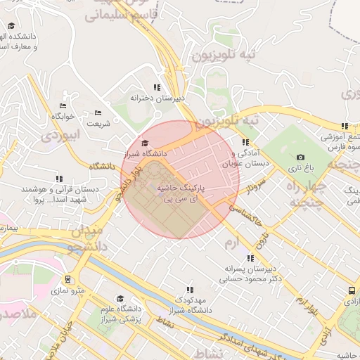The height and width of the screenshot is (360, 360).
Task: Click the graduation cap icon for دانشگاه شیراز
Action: [x=145, y=143]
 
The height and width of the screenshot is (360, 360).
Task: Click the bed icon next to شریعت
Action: [x=98, y=112]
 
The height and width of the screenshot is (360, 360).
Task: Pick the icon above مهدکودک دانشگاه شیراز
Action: [x=189, y=289]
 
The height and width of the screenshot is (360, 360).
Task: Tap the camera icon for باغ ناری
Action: [x=301, y=157]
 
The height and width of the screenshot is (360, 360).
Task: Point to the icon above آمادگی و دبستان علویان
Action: [x=245, y=142]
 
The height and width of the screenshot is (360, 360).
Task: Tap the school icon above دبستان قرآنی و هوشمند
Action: [x=59, y=179]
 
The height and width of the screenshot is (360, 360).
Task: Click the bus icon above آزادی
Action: [x=351, y=290]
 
